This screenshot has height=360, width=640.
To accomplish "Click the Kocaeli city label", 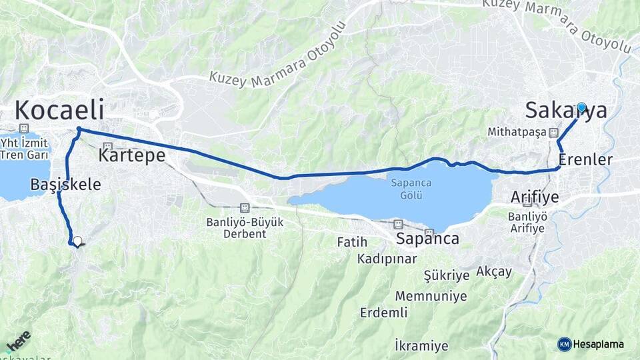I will click(x=59, y=110).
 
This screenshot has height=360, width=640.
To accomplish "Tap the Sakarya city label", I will click(x=566, y=111).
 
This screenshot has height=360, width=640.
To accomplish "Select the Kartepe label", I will click(x=131, y=156).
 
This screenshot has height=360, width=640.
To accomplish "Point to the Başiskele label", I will click(x=65, y=185).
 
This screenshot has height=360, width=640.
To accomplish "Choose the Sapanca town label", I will click(x=427, y=239).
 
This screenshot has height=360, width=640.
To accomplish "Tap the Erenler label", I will click(x=585, y=160).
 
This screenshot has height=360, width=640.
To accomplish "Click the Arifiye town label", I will click(x=534, y=197).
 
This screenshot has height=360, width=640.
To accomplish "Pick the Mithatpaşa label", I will click(x=517, y=132).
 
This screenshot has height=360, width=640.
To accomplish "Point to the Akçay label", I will click(x=494, y=271).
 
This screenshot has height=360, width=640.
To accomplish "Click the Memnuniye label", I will click(x=431, y=296).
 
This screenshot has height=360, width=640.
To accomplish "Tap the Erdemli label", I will click(x=383, y=313).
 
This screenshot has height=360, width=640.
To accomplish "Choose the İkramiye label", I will click(x=421, y=345).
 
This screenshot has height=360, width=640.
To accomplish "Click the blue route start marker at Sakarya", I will click(x=581, y=107).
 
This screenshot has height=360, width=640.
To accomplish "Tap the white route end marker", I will click(x=77, y=241).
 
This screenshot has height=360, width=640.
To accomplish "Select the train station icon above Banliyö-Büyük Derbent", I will click(x=245, y=208).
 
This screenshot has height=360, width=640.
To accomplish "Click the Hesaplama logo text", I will click(x=598, y=344).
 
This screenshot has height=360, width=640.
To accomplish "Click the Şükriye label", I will click(x=446, y=275).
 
